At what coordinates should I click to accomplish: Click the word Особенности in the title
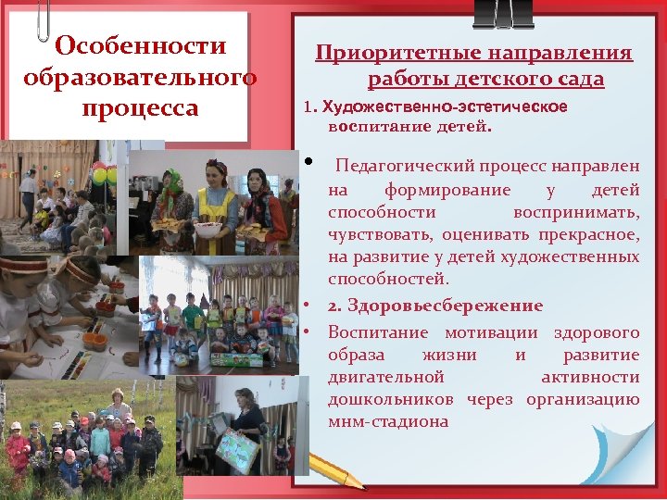click(x=140, y=45)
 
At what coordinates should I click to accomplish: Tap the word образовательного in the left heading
click(x=140, y=77)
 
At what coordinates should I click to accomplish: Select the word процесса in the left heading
click(x=140, y=108)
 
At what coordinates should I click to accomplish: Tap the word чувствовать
click(x=380, y=234)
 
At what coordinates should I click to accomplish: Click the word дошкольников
click(x=390, y=399)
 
